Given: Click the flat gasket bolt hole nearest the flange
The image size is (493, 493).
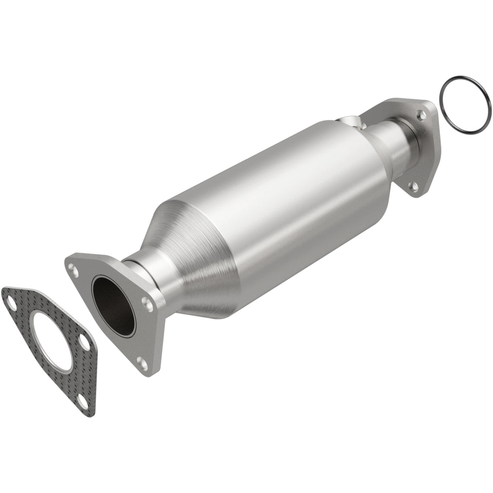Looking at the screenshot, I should coord(85,342).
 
